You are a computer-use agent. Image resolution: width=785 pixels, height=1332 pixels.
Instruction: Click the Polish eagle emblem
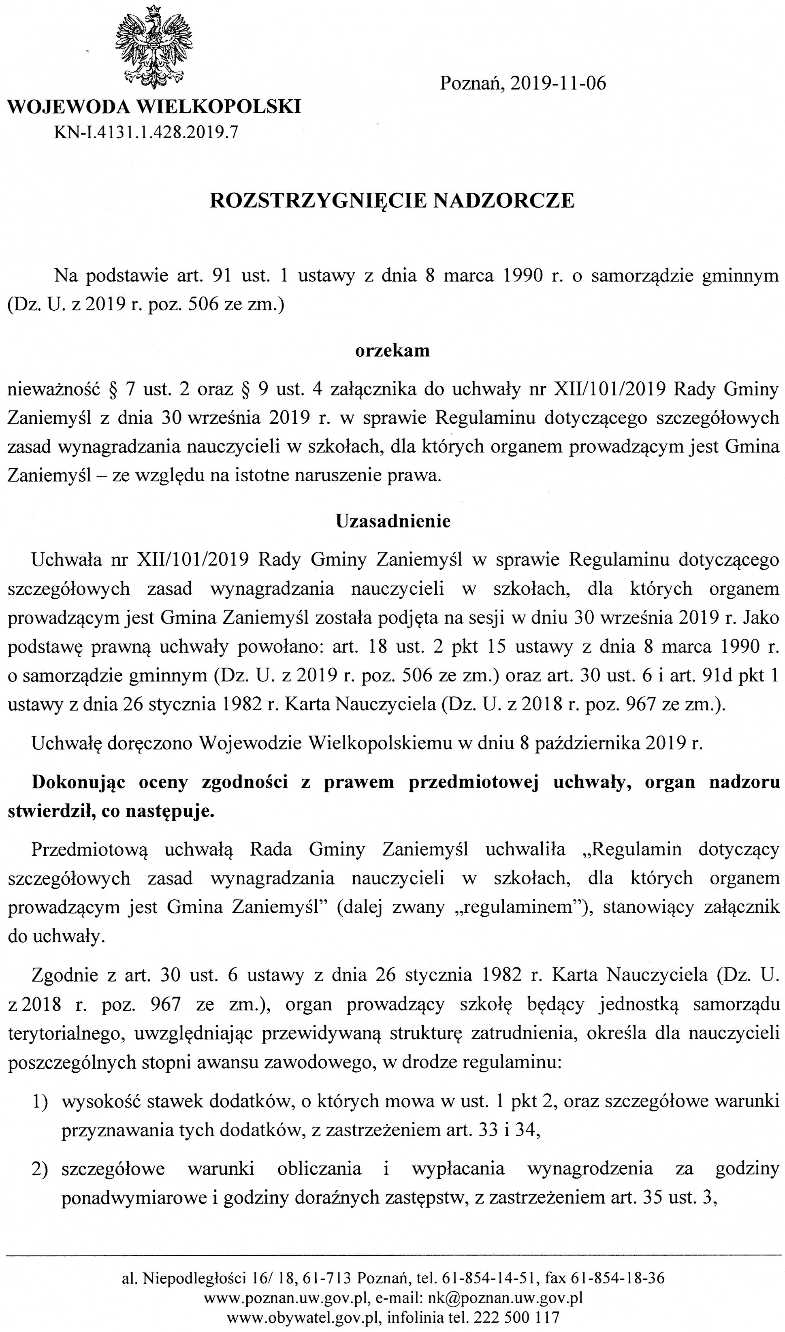154,47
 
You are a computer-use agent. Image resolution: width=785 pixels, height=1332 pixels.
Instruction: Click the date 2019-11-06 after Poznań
558,83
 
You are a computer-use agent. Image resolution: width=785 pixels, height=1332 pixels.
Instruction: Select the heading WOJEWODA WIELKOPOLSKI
154,107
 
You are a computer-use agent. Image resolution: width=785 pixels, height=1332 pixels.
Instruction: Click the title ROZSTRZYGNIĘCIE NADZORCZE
392,201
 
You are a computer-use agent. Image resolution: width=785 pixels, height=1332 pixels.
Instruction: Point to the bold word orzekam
392,351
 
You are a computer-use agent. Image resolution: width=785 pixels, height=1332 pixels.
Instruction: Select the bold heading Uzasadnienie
393,521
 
